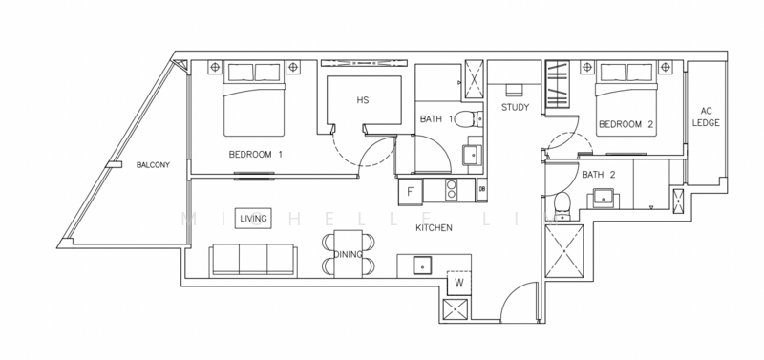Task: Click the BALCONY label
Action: [x=153, y=165]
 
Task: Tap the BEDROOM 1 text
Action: [x=256, y=155]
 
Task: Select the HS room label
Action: [x=362, y=100]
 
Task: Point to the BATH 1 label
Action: [x=436, y=119]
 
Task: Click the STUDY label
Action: [x=516, y=108]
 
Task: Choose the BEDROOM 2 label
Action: [x=626, y=125]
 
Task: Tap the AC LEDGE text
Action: [x=706, y=116]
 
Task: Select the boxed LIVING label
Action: [x=254, y=219]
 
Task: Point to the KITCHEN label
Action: [x=434, y=228]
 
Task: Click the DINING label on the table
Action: [x=348, y=255]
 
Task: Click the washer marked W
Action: [x=459, y=284]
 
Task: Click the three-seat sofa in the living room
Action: [x=252, y=259]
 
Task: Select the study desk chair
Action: [x=515, y=91]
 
